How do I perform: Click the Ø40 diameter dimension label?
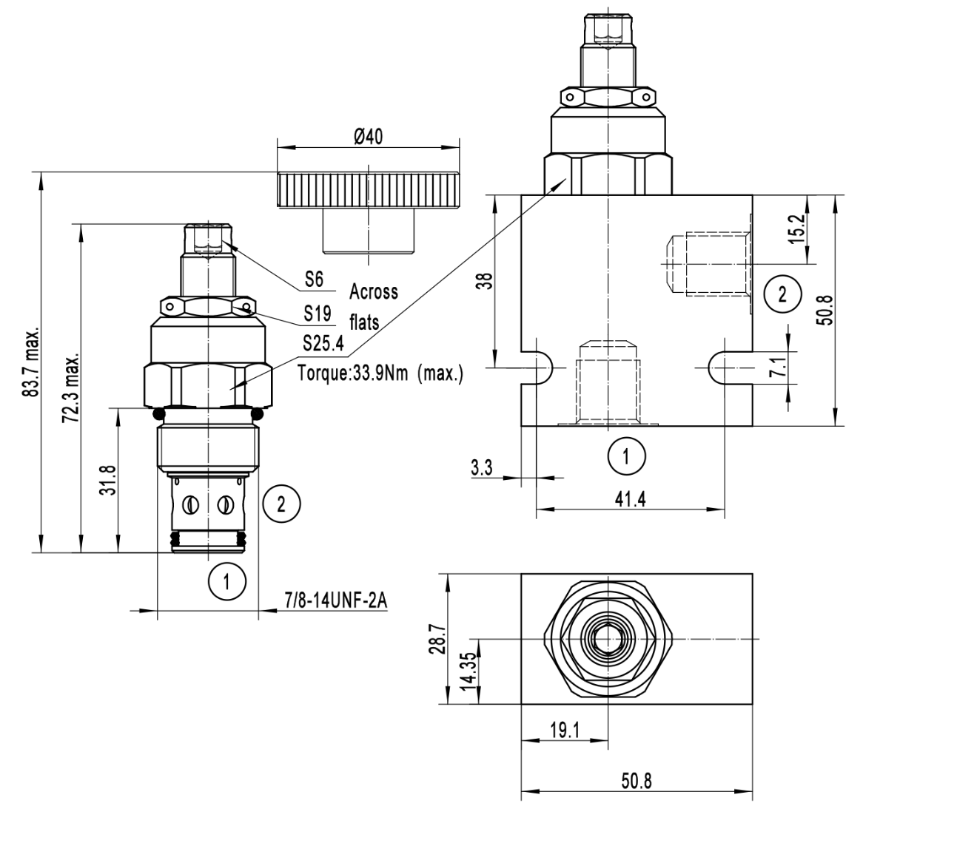click(368, 138)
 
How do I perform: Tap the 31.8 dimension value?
click(109, 480)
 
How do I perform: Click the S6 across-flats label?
click(314, 280)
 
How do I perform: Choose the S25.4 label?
click(323, 343)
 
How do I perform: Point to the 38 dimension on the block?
click(484, 280)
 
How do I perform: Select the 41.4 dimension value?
click(630, 499)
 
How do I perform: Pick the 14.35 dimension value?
click(467, 671)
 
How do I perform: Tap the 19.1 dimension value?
click(565, 731)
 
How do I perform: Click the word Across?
click(374, 292)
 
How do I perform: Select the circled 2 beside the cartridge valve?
click(281, 504)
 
